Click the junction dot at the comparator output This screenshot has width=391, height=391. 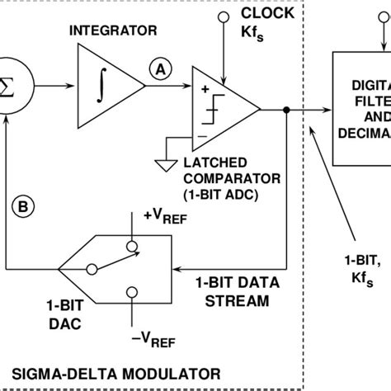(x=285, y=109)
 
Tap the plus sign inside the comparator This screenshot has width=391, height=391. (x=204, y=87)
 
